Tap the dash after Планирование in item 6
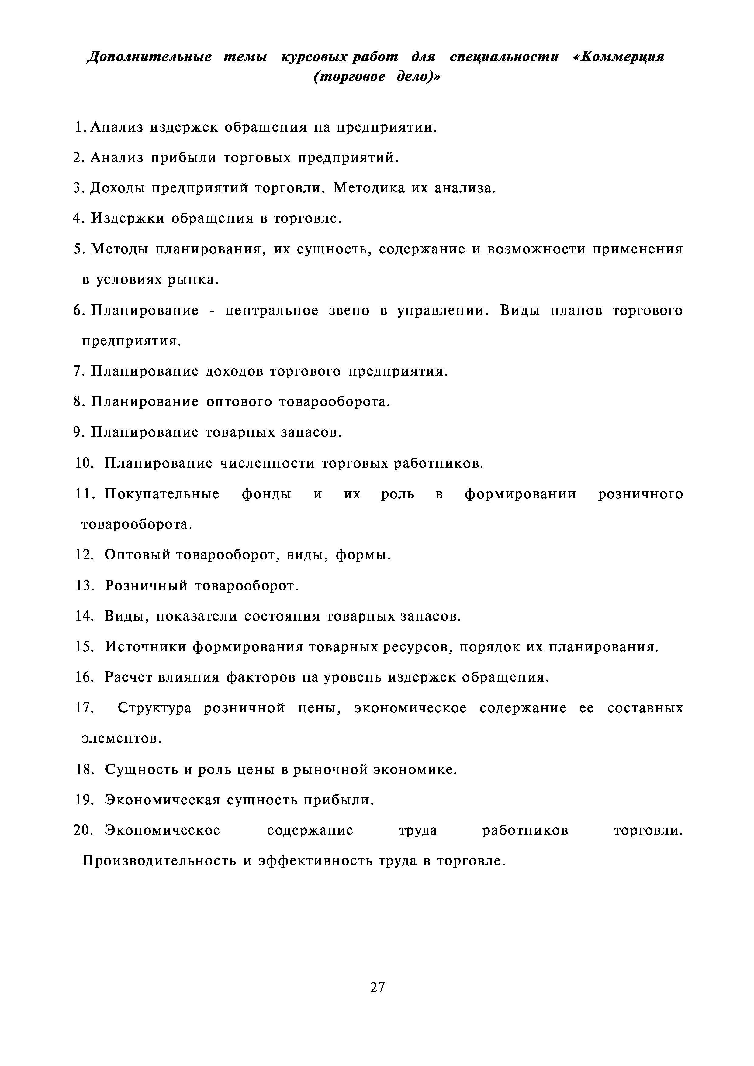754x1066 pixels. (212, 311)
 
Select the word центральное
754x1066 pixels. (272, 311)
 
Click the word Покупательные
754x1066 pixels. (162, 494)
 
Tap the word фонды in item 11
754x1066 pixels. (266, 494)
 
